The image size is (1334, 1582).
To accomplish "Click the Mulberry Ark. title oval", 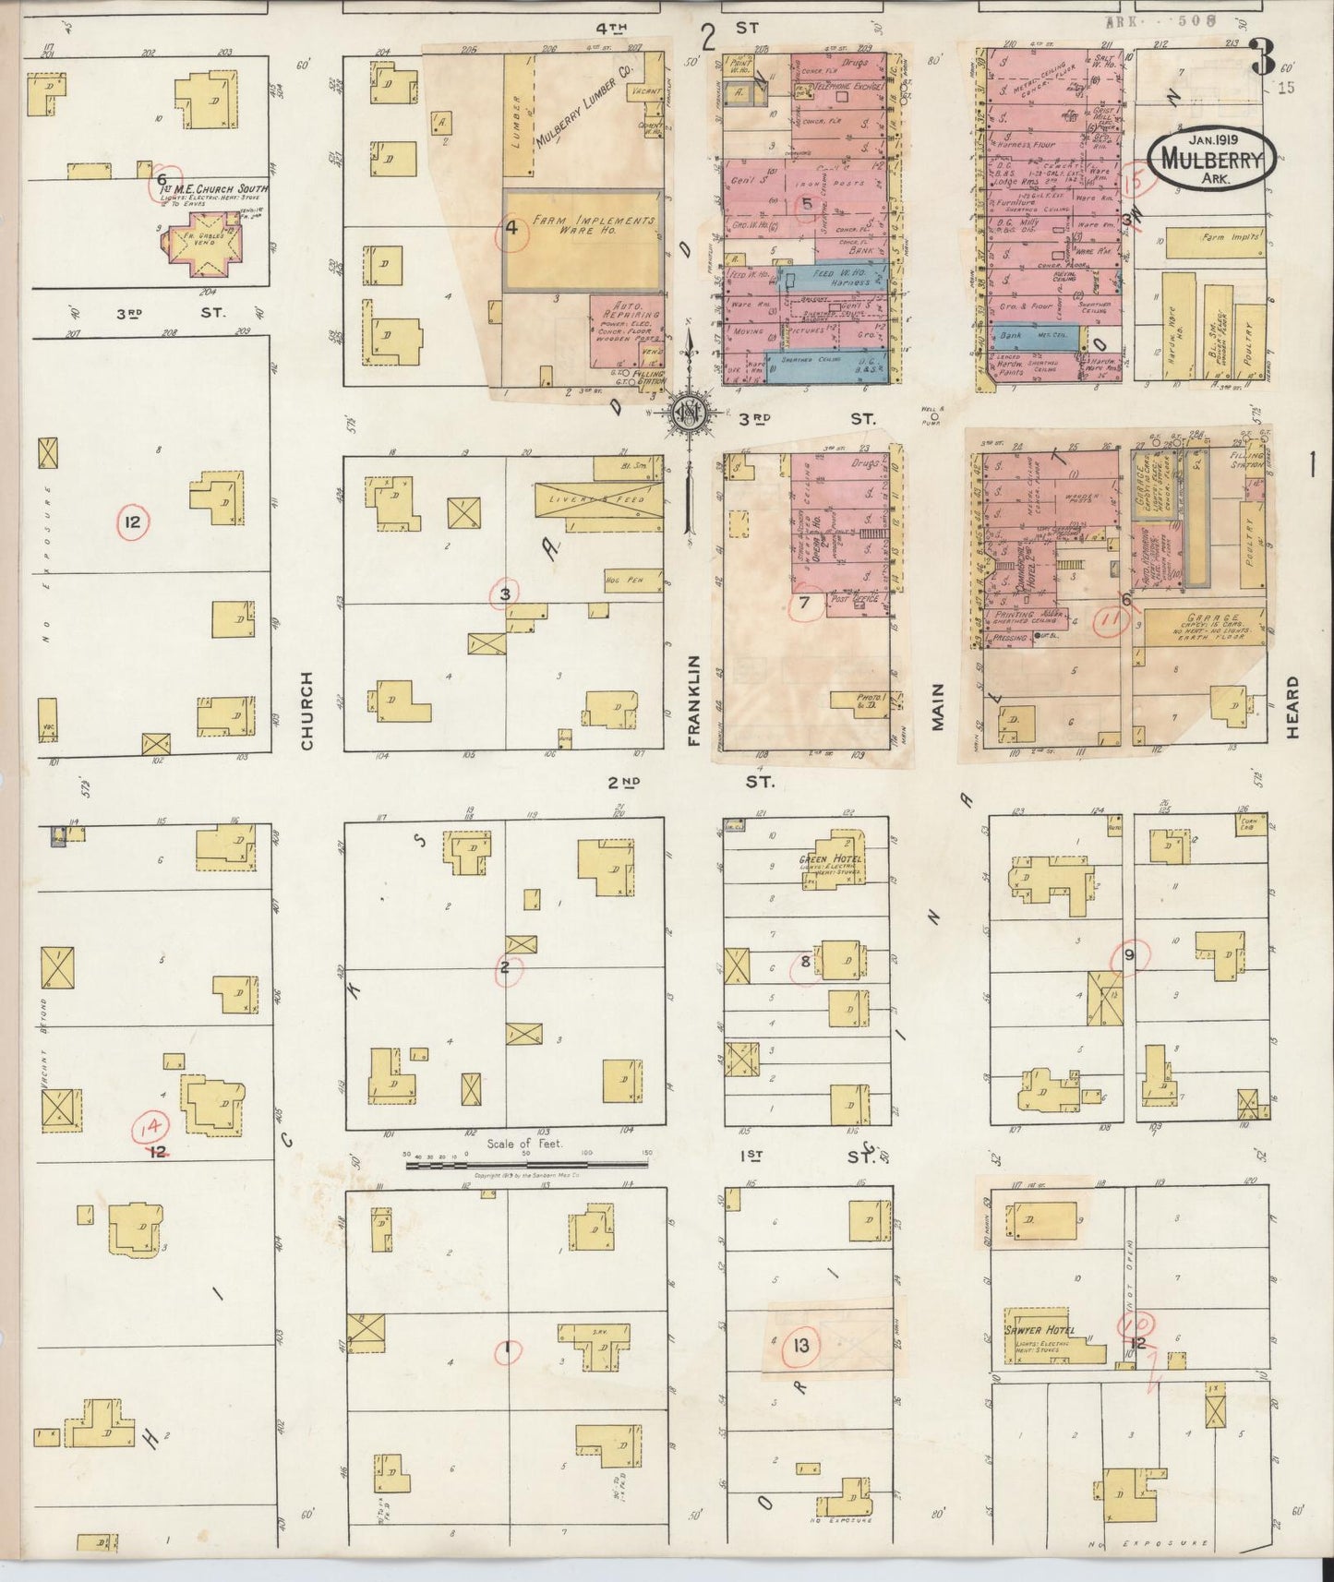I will tap(1211, 160).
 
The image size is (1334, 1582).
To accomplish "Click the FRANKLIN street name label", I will tap(694, 700).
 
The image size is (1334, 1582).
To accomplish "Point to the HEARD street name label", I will tap(1292, 706).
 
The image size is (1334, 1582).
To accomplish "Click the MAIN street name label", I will tap(938, 706).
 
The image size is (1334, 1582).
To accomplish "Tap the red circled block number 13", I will tap(800, 1345).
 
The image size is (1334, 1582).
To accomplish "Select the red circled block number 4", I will tap(511, 228).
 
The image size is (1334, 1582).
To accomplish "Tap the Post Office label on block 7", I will tap(851, 599).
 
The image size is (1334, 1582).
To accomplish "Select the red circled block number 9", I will tap(1128, 954).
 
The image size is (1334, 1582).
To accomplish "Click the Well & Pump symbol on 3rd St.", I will tap(934, 416).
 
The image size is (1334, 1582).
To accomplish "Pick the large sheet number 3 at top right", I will tap(1261, 57).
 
